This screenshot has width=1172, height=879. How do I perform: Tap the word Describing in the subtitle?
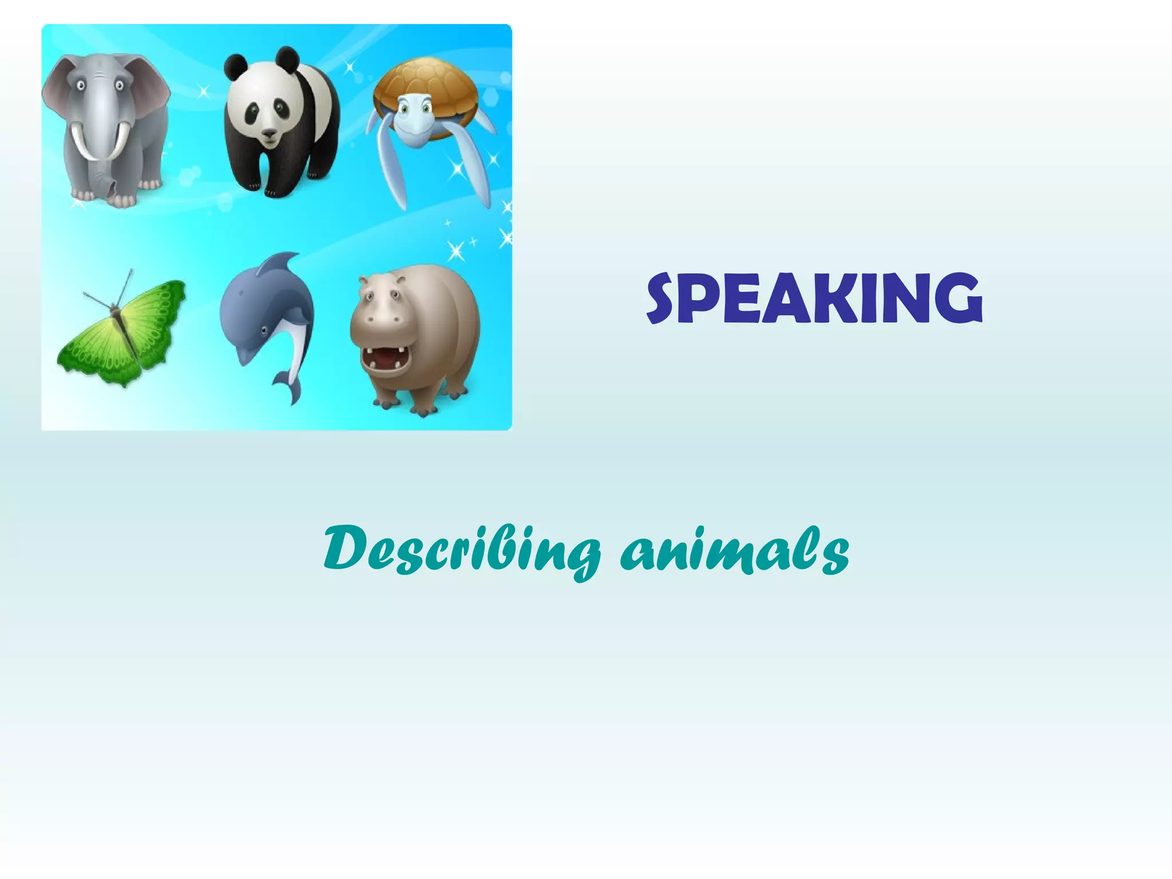tap(461, 549)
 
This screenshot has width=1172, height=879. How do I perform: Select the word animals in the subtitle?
tap(735, 549)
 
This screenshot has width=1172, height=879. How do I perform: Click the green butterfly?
tap(123, 332)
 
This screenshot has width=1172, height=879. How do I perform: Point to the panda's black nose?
tap(268, 134)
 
